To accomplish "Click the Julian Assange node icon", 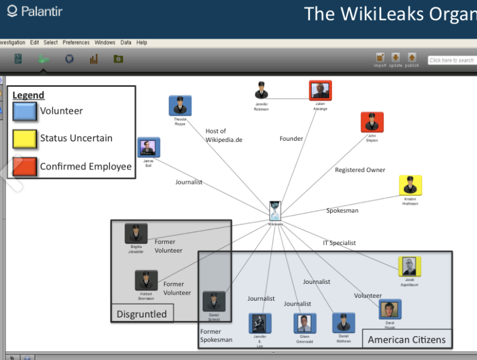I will pyautogui.click(x=320, y=91).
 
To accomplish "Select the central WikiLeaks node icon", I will pyautogui.click(x=275, y=210).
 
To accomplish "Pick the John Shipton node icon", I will pyautogui.click(x=372, y=122).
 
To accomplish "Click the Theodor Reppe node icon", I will pyautogui.click(x=180, y=105).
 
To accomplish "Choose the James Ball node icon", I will pyautogui.click(x=148, y=147).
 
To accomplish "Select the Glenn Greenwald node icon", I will pyautogui.click(x=304, y=323).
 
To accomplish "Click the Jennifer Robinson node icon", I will pyautogui.click(x=261, y=91).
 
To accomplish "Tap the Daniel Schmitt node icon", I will pyautogui.click(x=213, y=301).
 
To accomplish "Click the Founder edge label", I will pyautogui.click(x=291, y=139).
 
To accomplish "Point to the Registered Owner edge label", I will pyautogui.click(x=360, y=170).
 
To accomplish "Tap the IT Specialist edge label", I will pyautogui.click(x=339, y=243).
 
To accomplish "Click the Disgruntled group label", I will pyautogui.click(x=141, y=314).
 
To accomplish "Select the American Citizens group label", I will pyautogui.click(x=406, y=340).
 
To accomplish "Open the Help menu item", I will pyautogui.click(x=141, y=43).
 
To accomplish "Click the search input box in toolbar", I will pyautogui.click(x=452, y=60).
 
